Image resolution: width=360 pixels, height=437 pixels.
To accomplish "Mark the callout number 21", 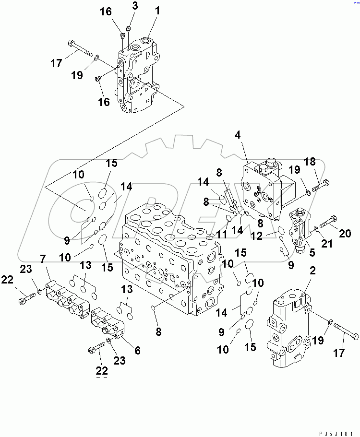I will coord(326,244).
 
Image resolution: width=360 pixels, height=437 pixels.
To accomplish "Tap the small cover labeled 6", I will coord(108,323).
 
